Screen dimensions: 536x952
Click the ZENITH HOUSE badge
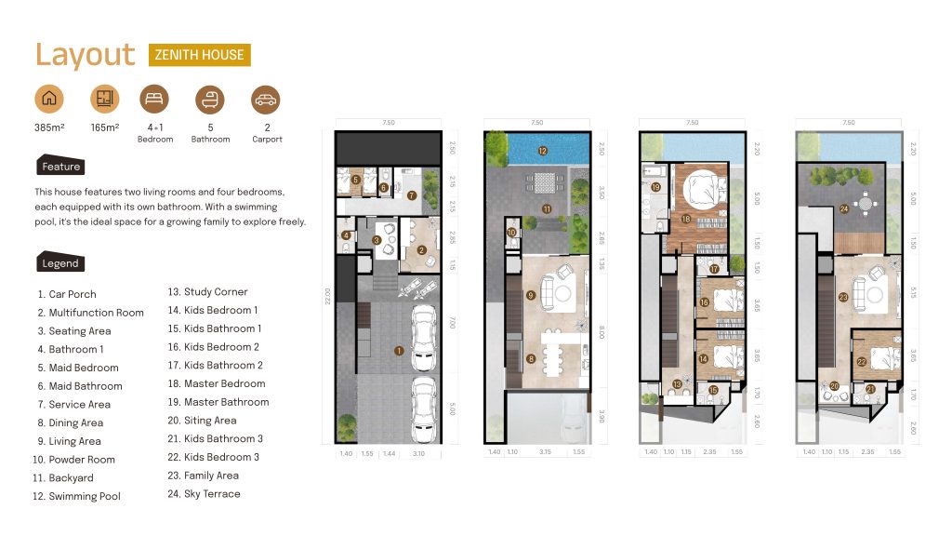(199, 55)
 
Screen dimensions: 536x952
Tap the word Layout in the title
(85, 55)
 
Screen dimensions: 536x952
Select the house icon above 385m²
(49, 99)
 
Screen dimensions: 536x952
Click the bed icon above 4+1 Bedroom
(154, 99)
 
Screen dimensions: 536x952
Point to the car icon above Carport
(266, 99)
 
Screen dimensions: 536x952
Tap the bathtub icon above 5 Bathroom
(210, 99)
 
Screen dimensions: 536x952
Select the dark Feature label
(60, 167)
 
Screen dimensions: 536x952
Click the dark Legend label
(60, 263)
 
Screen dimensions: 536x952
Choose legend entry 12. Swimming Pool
(79, 496)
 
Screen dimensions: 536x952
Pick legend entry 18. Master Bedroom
(217, 383)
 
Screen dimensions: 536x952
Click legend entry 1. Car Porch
(67, 294)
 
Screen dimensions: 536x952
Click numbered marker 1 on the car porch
(399, 351)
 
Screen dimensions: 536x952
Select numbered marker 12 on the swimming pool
(542, 150)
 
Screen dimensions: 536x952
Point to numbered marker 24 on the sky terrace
(843, 208)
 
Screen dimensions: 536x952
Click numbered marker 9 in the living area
(530, 295)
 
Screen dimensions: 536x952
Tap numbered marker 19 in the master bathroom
(655, 187)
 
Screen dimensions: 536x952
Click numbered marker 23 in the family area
(842, 298)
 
